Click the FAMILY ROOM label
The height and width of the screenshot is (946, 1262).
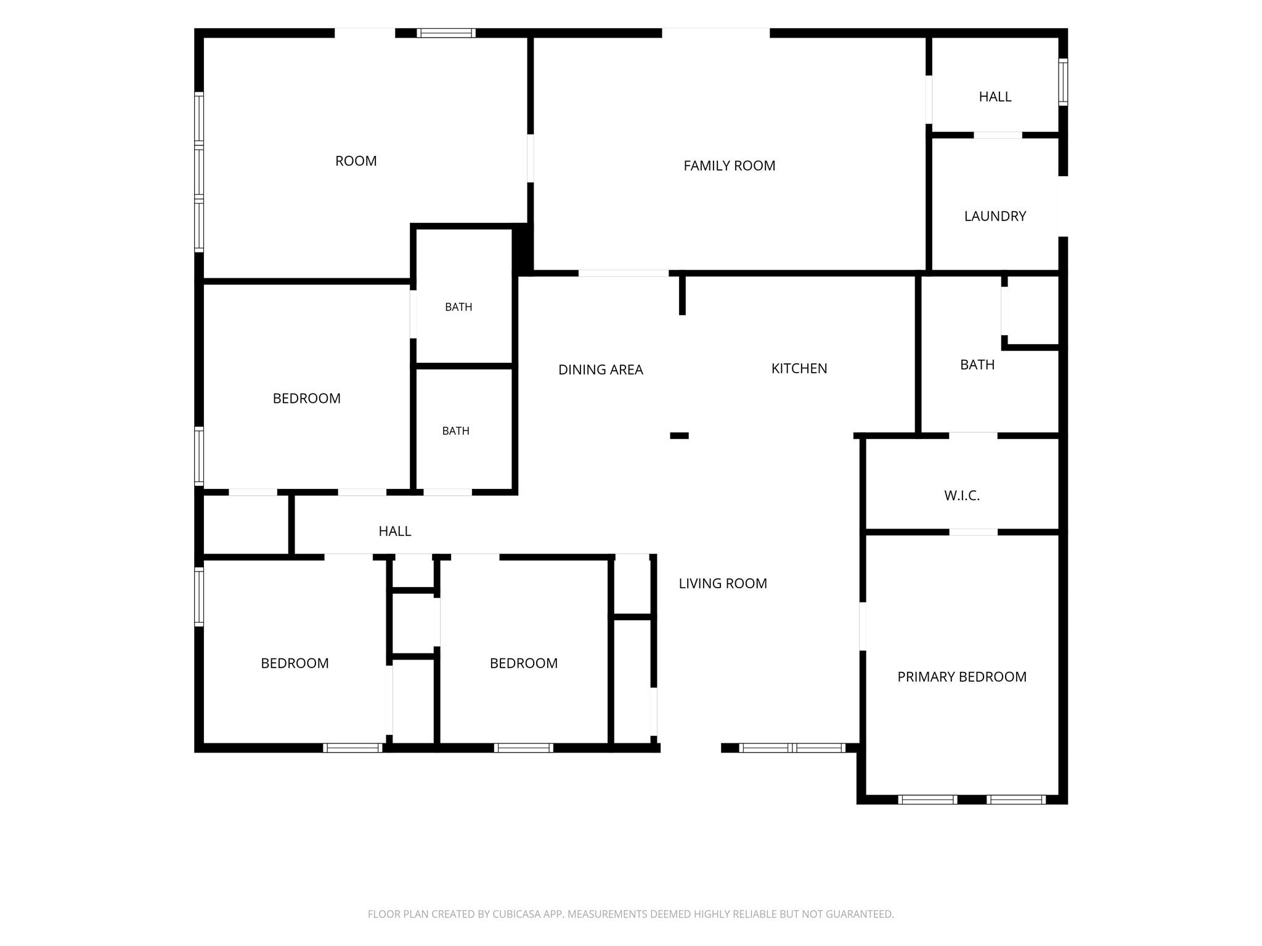(729, 166)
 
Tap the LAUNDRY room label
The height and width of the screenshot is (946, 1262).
(995, 216)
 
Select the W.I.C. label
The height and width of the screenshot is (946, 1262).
(962, 496)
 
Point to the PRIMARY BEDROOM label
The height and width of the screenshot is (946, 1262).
(962, 677)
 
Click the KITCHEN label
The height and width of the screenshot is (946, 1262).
(799, 368)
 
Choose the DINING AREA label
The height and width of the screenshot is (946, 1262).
(601, 370)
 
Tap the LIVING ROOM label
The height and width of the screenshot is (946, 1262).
(723, 583)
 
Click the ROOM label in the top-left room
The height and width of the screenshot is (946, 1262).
(356, 161)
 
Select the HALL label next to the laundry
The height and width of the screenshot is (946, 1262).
(995, 97)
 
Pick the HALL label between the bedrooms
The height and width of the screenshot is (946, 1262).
(395, 531)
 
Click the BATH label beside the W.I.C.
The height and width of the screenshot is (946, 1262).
(977, 365)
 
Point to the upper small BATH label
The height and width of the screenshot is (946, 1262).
(458, 307)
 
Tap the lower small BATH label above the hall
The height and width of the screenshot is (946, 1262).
(456, 431)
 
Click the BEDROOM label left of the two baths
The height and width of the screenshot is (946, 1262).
(306, 398)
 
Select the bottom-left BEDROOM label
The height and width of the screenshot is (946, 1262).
(295, 663)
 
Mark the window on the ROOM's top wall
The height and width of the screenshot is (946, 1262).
(446, 33)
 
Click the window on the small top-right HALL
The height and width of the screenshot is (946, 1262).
(1063, 82)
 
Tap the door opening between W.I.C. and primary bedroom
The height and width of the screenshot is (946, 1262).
(973, 532)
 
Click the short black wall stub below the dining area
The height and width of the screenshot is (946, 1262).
(679, 436)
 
